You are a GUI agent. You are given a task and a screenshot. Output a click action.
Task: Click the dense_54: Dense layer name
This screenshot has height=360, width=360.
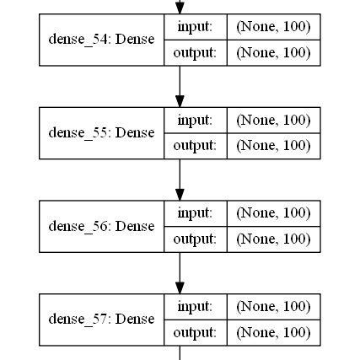(x=101, y=40)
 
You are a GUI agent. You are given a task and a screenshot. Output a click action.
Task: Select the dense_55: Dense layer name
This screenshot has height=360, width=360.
(x=101, y=132)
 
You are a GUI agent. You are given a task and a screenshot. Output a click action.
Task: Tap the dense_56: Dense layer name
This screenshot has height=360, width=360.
(x=101, y=226)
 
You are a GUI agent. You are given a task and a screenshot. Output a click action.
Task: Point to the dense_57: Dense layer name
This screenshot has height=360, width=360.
(x=101, y=319)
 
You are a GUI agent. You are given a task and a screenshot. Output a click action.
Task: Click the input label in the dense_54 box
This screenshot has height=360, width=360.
(x=195, y=27)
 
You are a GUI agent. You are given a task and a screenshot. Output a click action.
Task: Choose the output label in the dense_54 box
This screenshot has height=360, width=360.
(x=195, y=52)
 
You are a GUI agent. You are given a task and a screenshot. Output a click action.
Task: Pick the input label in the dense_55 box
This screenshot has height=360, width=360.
(x=195, y=120)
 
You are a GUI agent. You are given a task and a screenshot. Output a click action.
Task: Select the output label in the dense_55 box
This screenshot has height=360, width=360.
(x=195, y=145)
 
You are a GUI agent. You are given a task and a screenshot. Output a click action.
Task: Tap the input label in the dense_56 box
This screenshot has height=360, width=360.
(x=195, y=212)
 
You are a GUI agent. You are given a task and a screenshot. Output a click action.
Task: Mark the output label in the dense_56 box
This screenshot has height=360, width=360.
(x=195, y=239)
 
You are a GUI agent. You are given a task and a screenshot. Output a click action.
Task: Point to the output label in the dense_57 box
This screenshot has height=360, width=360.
(x=195, y=332)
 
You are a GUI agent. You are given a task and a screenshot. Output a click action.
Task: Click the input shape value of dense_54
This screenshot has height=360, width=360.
(x=274, y=27)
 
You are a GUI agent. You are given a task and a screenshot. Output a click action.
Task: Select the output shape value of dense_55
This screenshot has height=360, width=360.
(x=274, y=145)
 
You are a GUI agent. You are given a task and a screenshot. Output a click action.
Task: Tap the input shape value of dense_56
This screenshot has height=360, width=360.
(x=274, y=212)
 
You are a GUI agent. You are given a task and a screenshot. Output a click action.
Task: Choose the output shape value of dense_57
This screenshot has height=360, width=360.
(x=274, y=332)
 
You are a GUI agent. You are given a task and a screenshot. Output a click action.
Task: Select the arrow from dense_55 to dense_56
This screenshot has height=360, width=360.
(x=180, y=179)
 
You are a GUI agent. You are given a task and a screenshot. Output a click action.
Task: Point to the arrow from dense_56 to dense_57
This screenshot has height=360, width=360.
(x=180, y=271)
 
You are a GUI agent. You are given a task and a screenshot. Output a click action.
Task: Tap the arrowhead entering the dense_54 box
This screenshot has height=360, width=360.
(x=180, y=8)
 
